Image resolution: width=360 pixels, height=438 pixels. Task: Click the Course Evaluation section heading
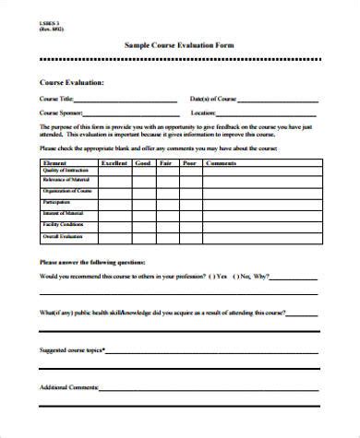pos(71,82)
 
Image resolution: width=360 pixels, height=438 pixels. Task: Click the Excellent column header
pos(114,162)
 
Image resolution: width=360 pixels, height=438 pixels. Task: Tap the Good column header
pos(143,162)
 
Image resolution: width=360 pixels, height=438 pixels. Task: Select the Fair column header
pos(166,162)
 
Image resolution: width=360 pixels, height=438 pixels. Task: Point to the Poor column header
pos(189,162)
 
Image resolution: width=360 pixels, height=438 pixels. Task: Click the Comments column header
pos(222,162)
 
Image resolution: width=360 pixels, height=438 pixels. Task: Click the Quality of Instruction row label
pos(63,171)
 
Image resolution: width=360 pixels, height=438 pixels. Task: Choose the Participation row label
pos(56,201)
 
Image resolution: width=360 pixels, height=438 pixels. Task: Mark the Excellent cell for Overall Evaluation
pos(114,235)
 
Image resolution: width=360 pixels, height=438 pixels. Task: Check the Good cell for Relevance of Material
pos(143,182)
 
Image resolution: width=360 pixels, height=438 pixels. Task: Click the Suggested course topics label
pos(71,349)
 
